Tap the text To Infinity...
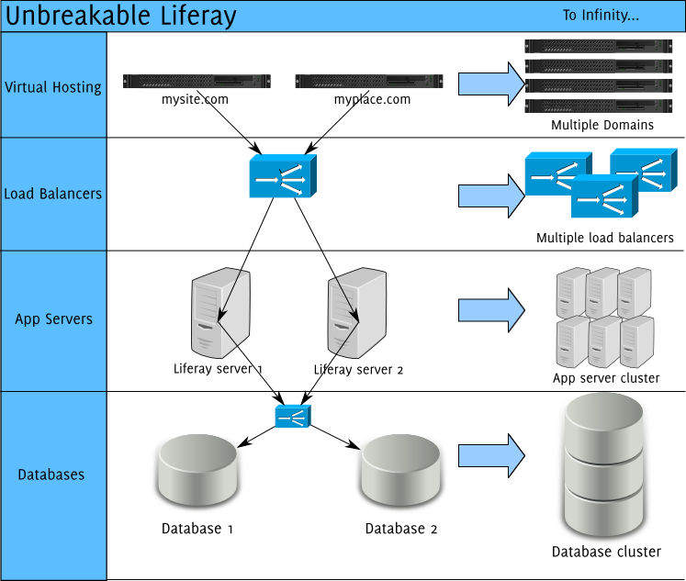[x=600, y=16]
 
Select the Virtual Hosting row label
[x=53, y=87]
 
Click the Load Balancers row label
[x=53, y=194]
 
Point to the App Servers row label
[x=53, y=319]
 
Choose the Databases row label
[x=51, y=475]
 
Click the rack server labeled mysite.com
[x=197, y=82]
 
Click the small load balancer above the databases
[x=293, y=417]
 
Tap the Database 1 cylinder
[x=197, y=474]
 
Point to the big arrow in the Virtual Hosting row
[x=490, y=84]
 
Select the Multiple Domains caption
[x=602, y=125]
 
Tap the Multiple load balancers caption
[x=604, y=238]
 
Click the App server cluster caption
[x=605, y=378]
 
